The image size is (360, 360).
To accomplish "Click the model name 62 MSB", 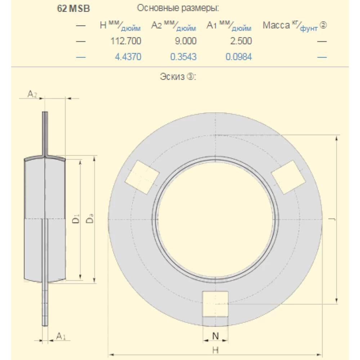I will coord(73,9).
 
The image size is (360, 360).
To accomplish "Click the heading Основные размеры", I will coord(178,9).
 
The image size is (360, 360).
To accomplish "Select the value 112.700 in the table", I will coord(126,41).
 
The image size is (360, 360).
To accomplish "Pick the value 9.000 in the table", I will coord(185,41).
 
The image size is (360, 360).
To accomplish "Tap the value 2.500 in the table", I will coord(241,41).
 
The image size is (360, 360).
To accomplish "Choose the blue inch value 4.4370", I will coord(128,57).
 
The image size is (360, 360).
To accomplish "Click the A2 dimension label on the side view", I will coord(32,94).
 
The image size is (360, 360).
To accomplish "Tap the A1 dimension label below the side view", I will coord(61,336).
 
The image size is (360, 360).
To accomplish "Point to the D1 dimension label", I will coord(75,219).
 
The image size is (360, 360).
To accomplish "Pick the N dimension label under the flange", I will coord(215,336).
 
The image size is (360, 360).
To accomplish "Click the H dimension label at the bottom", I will coord(215,349).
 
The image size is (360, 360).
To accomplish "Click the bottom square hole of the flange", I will coord(215,304).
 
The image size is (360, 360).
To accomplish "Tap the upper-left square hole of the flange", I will coord(142,176).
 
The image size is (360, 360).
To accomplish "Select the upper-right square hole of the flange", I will coord(289,176).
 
